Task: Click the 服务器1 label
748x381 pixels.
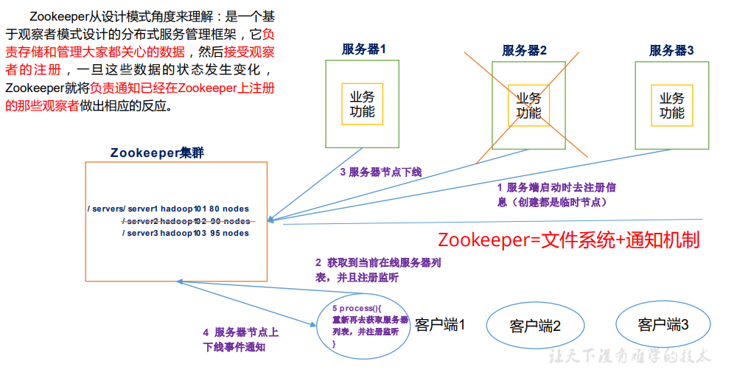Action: tap(363, 49)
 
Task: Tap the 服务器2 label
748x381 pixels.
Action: tap(524, 50)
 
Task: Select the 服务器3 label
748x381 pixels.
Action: tap(671, 50)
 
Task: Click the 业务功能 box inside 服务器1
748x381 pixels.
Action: tap(362, 104)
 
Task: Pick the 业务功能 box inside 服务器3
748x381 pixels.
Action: tap(671, 105)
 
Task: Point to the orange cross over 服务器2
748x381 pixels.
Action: tap(529, 104)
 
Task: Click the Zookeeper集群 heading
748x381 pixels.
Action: tap(157, 153)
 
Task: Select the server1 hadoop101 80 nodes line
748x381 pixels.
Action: tap(168, 209)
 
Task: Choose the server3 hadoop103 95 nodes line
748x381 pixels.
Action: tap(186, 233)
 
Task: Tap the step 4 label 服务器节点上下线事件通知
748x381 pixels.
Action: tap(240, 340)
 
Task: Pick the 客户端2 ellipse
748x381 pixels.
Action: tap(535, 326)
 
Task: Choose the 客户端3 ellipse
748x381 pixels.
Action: tap(663, 324)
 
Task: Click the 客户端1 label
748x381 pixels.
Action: tap(440, 324)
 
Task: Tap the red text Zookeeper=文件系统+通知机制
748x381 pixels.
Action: tap(568, 240)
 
